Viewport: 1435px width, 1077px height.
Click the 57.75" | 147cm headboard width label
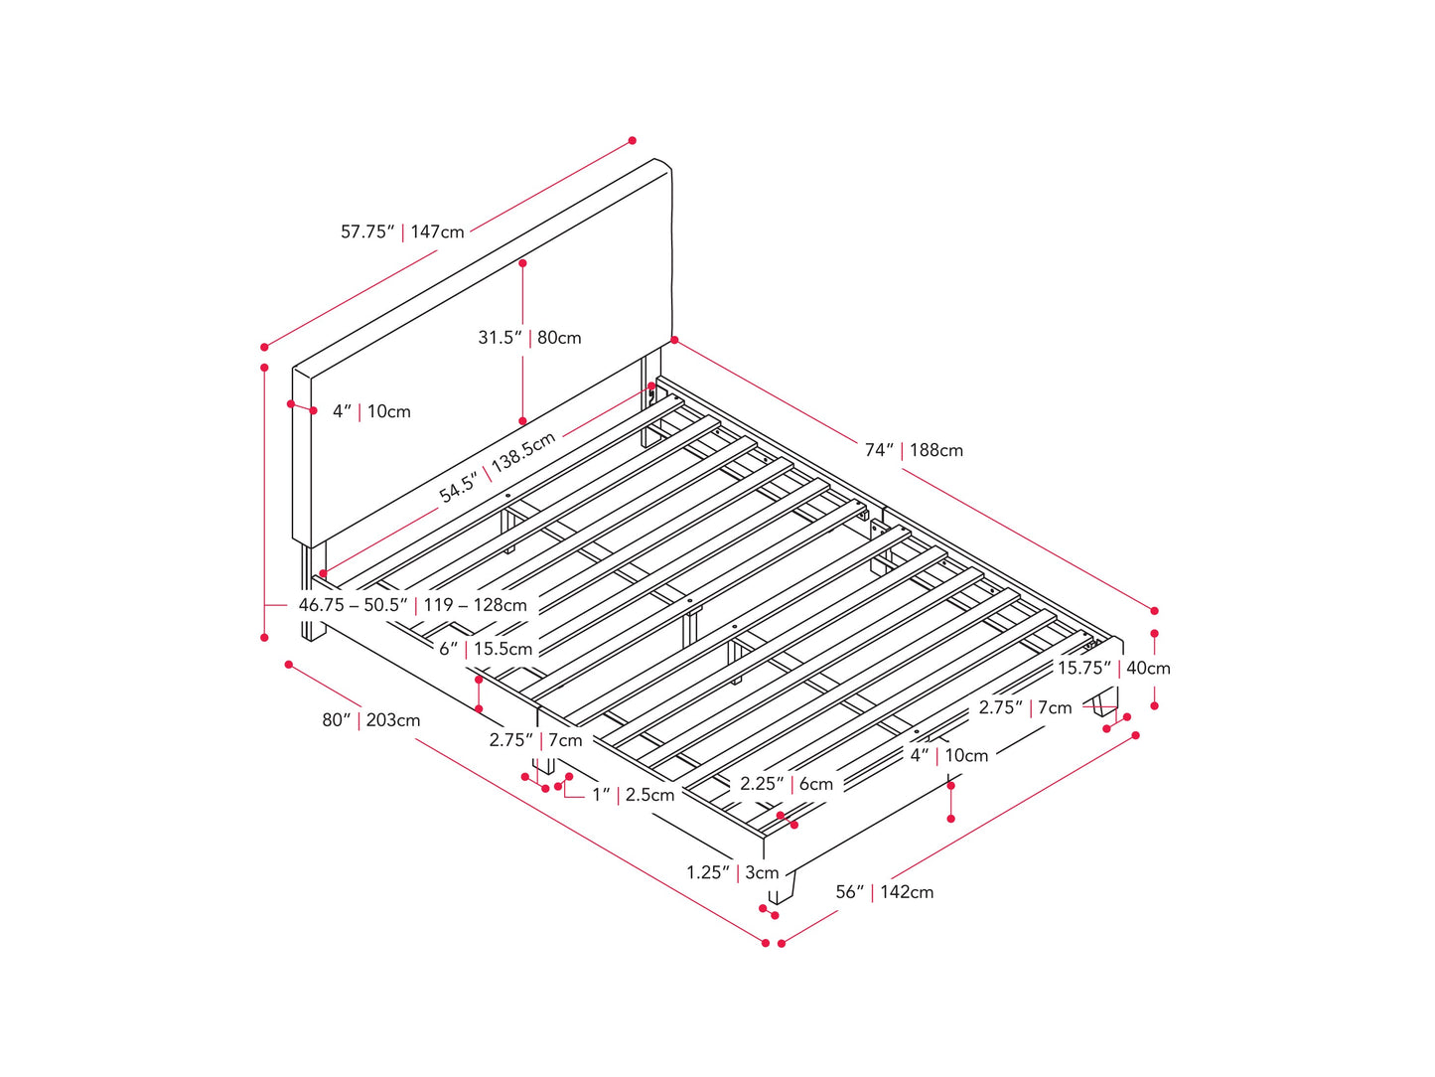click(402, 231)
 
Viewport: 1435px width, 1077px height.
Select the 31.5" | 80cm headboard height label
click(529, 338)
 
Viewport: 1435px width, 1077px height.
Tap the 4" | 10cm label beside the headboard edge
click(371, 411)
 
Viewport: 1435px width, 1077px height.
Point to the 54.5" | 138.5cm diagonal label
click(498, 468)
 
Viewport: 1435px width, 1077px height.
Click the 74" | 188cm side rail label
click(914, 450)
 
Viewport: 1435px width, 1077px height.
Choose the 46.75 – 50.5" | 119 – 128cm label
click(412, 605)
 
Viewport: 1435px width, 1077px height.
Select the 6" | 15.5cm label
click(486, 649)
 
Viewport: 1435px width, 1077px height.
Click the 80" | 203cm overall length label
click(370, 720)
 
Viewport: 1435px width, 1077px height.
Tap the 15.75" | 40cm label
click(1113, 669)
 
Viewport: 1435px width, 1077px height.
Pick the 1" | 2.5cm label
click(633, 795)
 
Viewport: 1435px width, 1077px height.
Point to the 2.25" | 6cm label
click(787, 784)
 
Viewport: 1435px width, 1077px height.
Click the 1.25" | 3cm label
click(732, 872)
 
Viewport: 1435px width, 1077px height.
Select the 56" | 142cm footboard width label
click(884, 892)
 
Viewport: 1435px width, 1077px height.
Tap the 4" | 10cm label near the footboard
click(949, 755)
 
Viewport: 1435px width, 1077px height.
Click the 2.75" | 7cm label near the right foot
click(1025, 707)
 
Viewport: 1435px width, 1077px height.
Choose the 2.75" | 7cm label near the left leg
click(535, 740)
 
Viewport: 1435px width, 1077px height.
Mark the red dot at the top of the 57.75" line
click(633, 141)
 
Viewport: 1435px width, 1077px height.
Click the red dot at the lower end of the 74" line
click(1154, 610)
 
